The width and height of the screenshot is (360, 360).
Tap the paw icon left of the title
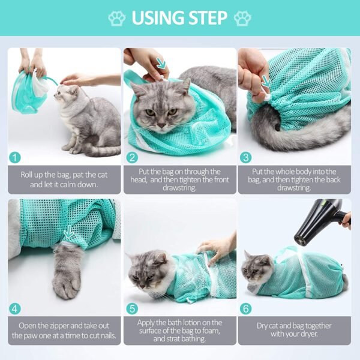coord(117,18)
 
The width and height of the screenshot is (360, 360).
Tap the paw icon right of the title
coord(242,18)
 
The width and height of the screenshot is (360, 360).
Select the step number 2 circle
coord(132,158)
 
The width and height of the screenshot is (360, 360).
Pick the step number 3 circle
coord(247,158)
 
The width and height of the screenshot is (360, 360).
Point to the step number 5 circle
coord(132,310)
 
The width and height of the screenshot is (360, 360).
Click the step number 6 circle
coord(247,310)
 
